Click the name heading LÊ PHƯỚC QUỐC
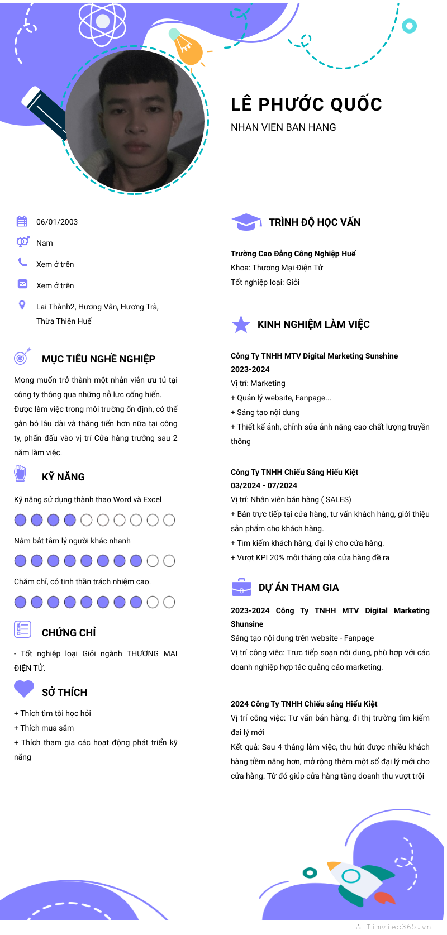[x=306, y=104]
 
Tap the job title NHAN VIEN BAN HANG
[x=283, y=127]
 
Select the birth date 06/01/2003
[x=57, y=222]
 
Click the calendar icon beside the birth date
[x=22, y=221]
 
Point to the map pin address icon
[x=22, y=305]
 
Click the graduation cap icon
[x=246, y=222]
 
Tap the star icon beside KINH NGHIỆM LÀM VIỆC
[x=241, y=325]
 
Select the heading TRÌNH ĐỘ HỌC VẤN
[x=315, y=222]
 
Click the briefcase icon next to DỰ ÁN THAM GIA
[x=241, y=588]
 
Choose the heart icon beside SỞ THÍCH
[x=24, y=689]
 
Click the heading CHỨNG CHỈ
[x=69, y=633]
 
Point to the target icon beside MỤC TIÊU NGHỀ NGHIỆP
[x=22, y=356]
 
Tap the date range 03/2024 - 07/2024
[x=264, y=485]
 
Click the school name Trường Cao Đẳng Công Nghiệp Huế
[x=293, y=254]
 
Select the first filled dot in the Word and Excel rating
[x=20, y=520]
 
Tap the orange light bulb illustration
[x=187, y=48]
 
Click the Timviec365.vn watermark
[x=398, y=927]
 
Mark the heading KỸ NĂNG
[x=63, y=477]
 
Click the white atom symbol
[x=102, y=22]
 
